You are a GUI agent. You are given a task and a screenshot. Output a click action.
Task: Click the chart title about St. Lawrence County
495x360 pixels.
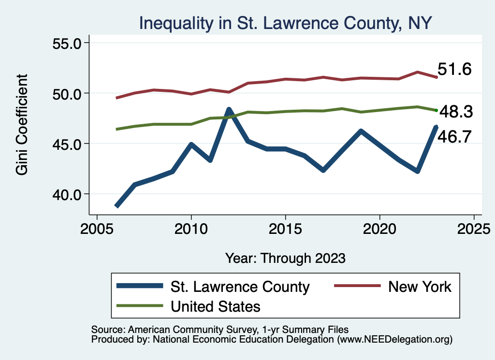tap(285, 23)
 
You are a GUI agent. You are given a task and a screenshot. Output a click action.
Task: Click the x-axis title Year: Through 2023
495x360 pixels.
tap(285, 258)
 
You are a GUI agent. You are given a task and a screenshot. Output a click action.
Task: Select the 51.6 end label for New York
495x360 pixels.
tap(454, 70)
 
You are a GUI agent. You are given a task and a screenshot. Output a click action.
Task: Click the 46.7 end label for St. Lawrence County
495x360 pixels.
tap(454, 137)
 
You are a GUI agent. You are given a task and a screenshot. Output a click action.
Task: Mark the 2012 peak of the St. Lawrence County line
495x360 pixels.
tap(229, 110)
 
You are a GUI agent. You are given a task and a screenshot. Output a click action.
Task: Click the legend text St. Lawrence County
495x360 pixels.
tap(240, 287)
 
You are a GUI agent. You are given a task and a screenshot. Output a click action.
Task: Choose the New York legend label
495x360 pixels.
tap(420, 287)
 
